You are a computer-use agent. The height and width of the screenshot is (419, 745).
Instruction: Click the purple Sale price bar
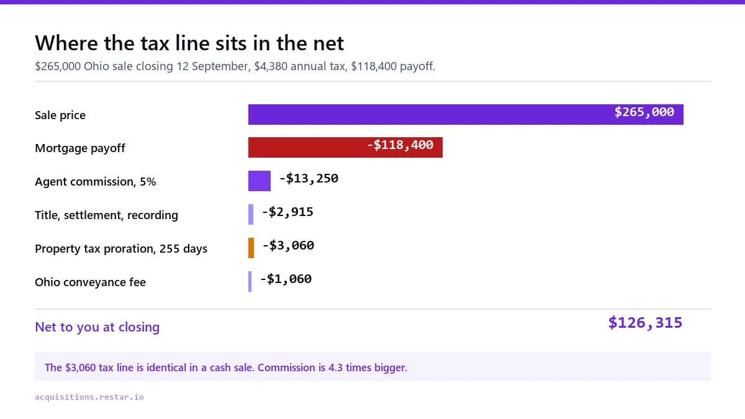click(x=466, y=114)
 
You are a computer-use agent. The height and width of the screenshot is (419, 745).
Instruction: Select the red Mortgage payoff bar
click(x=345, y=147)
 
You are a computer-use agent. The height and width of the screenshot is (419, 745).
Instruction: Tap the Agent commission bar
click(x=260, y=181)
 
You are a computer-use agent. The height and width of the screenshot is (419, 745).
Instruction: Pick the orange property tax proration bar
click(x=251, y=248)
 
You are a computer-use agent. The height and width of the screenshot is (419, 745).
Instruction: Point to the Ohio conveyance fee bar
click(x=250, y=281)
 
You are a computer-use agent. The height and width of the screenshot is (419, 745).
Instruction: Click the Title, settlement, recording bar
click(x=251, y=215)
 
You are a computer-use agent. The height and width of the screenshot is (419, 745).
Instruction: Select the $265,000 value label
click(x=644, y=112)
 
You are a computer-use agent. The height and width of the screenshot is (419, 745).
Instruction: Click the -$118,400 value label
click(x=400, y=145)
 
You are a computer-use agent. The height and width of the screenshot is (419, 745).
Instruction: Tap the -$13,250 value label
click(x=309, y=179)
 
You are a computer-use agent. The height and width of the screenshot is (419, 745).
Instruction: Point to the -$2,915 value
click(x=287, y=212)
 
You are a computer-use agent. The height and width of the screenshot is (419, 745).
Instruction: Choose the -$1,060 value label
click(x=286, y=279)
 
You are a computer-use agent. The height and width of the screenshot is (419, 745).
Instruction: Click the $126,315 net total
click(x=645, y=323)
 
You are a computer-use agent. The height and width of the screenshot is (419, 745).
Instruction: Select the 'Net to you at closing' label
click(x=97, y=327)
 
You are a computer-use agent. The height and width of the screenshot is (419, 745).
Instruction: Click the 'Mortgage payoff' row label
click(x=80, y=148)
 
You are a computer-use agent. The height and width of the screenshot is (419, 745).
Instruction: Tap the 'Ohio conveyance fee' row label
click(x=90, y=282)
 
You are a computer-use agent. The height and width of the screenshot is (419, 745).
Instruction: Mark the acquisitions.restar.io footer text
click(x=89, y=397)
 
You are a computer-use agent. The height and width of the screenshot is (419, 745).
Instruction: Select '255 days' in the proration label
click(x=183, y=249)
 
